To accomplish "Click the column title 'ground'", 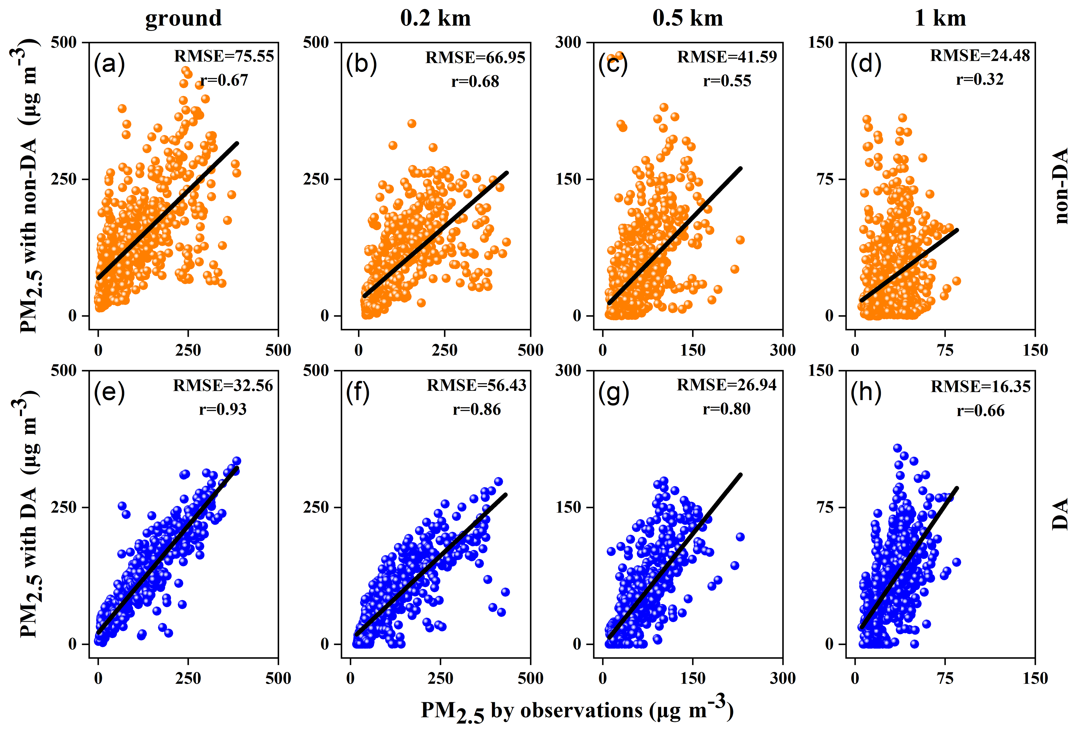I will point(184,18).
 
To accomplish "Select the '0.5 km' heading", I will point(688,18).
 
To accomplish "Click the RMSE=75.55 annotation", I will point(224,56).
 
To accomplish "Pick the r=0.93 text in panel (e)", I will point(223,409).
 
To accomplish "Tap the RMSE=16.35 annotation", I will point(981,387).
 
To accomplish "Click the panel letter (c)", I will point(613,64).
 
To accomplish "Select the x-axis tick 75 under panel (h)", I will point(945,678).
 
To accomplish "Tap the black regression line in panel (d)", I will point(908,266).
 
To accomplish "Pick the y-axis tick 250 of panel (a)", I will point(64,179).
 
